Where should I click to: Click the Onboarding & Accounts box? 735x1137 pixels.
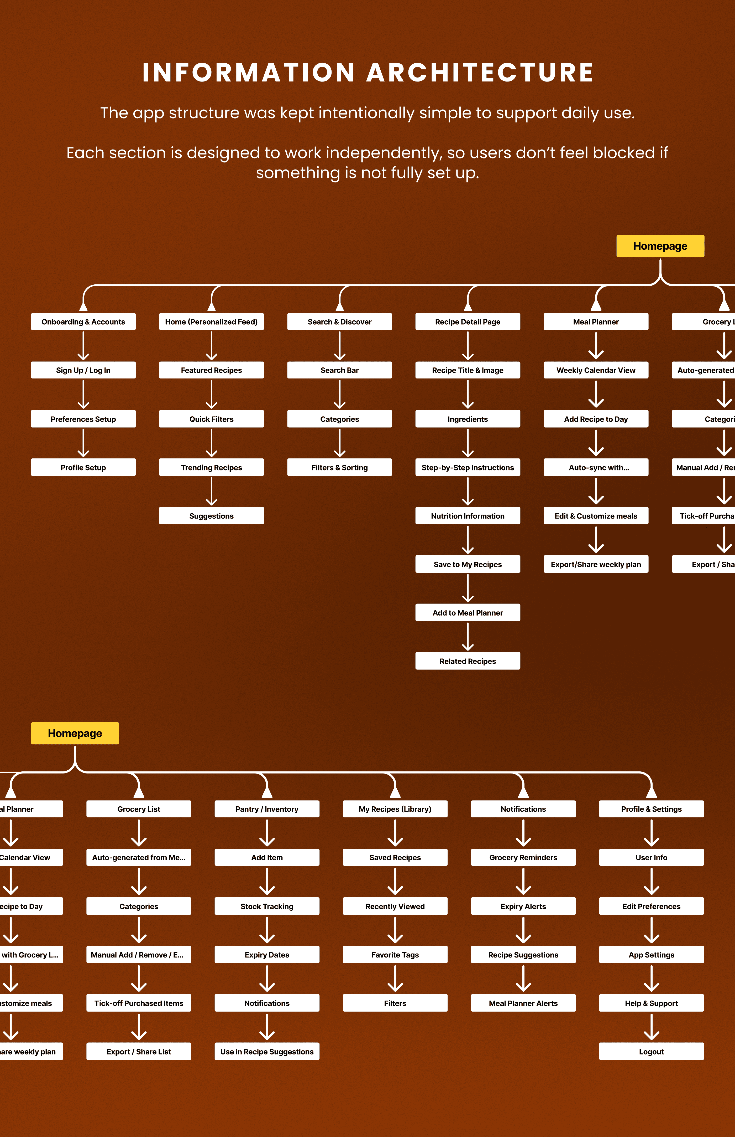(x=83, y=321)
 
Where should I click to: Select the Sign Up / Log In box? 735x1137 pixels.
(x=83, y=370)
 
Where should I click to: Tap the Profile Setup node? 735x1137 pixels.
(x=83, y=467)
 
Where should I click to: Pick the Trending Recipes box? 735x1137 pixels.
(x=211, y=467)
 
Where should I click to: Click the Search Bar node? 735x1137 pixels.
(x=339, y=370)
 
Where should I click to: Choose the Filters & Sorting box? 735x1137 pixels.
(x=339, y=467)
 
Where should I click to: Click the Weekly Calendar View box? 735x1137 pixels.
(x=596, y=370)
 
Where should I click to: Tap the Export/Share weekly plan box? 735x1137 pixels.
(x=596, y=564)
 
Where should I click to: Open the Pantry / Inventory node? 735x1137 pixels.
(x=267, y=809)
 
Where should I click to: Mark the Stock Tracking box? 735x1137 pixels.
(x=267, y=906)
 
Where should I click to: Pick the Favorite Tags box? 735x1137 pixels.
(x=395, y=955)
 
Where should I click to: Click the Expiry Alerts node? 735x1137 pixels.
(x=523, y=906)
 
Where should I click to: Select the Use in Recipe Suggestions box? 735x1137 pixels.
(x=267, y=1052)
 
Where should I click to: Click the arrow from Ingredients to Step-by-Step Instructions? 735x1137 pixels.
(x=468, y=443)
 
